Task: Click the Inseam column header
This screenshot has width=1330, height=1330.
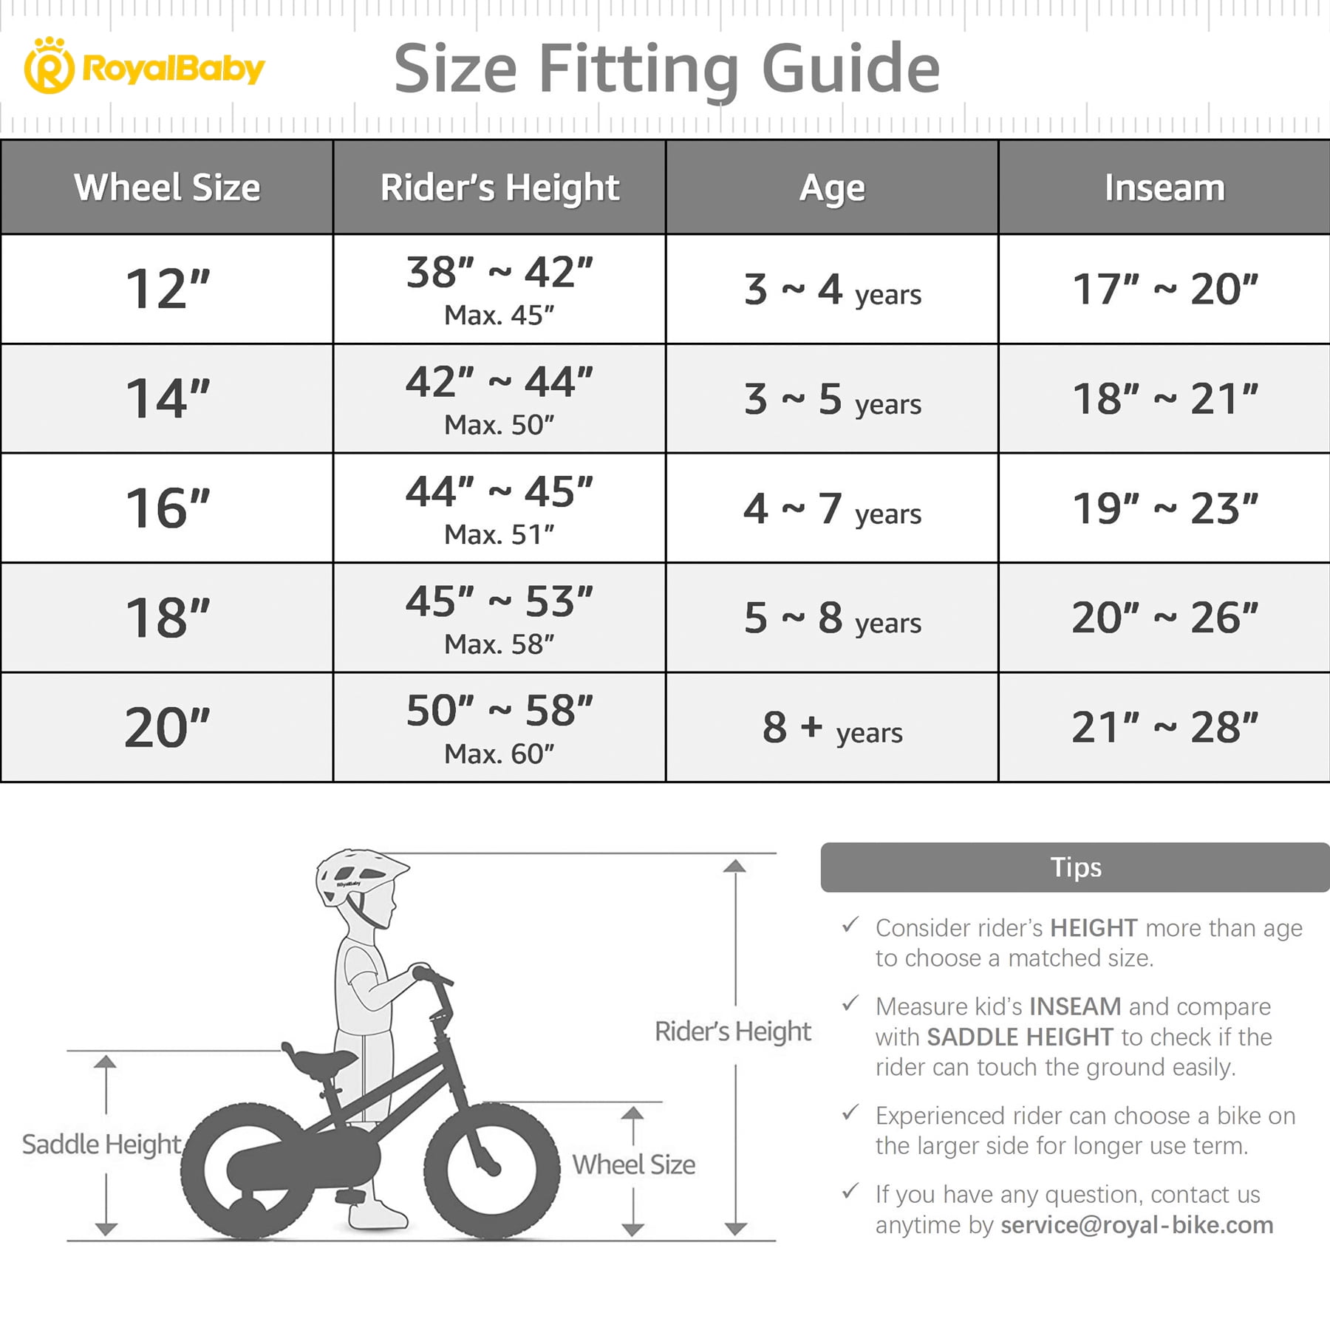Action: coord(1164,188)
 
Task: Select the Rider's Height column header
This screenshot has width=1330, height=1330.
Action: coord(499,188)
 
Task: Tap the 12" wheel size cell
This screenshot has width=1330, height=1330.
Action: coord(168,289)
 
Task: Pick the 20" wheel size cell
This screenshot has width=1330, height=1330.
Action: coord(168,728)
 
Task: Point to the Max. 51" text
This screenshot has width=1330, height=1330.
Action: coord(499,534)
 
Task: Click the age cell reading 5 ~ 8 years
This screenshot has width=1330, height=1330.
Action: coord(832,618)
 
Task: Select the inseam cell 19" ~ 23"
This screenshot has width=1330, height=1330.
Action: coord(1164,508)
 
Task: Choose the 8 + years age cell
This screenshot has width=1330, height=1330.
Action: coord(832,728)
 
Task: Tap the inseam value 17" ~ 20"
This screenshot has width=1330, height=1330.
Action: coord(1164,289)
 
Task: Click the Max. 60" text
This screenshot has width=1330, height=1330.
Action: coord(499,754)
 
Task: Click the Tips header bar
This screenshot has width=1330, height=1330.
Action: coord(1075,867)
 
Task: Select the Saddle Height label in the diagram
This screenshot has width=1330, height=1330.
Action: coord(101,1144)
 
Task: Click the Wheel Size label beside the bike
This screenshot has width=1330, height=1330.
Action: coord(634,1164)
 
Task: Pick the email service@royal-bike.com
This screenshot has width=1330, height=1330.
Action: coord(1136,1224)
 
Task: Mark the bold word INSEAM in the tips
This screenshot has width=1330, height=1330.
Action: coord(1075,1006)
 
